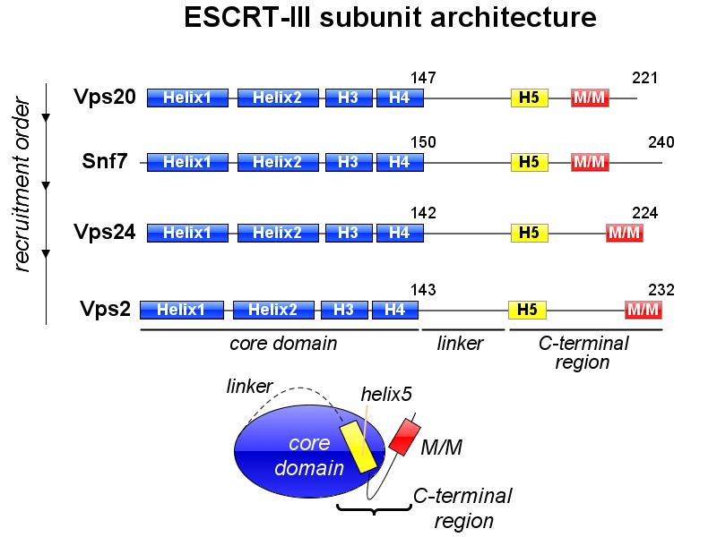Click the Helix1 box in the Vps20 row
pos(187,98)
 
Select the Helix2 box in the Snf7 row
pos(278,162)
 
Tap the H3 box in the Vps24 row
pos(348,233)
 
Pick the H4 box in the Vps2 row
pos(394,310)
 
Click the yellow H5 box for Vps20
pos(529,98)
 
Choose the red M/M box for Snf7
pos(590,162)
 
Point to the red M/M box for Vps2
pos(644,310)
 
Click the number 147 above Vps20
pos(422,79)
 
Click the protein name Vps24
pos(106,233)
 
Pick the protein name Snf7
pos(106,162)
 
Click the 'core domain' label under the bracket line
pos(283,344)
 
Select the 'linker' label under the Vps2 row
pos(460,344)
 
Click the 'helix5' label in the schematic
pos(386,394)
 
